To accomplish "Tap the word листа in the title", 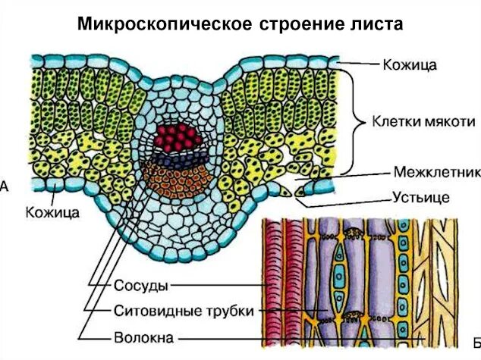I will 375,24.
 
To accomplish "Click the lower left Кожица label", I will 52,213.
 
